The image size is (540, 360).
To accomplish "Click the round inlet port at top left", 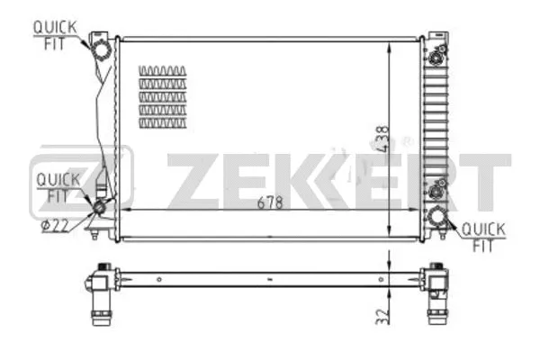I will point(103,46).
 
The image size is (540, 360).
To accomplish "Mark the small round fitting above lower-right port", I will point(438,189).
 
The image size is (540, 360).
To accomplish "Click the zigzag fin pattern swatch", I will point(164,94).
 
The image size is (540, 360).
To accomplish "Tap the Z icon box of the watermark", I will point(81,180).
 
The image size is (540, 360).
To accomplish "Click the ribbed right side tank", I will point(438,126).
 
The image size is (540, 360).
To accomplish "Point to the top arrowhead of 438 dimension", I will point(389,43).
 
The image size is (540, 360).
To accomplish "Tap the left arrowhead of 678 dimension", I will point(124,210).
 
